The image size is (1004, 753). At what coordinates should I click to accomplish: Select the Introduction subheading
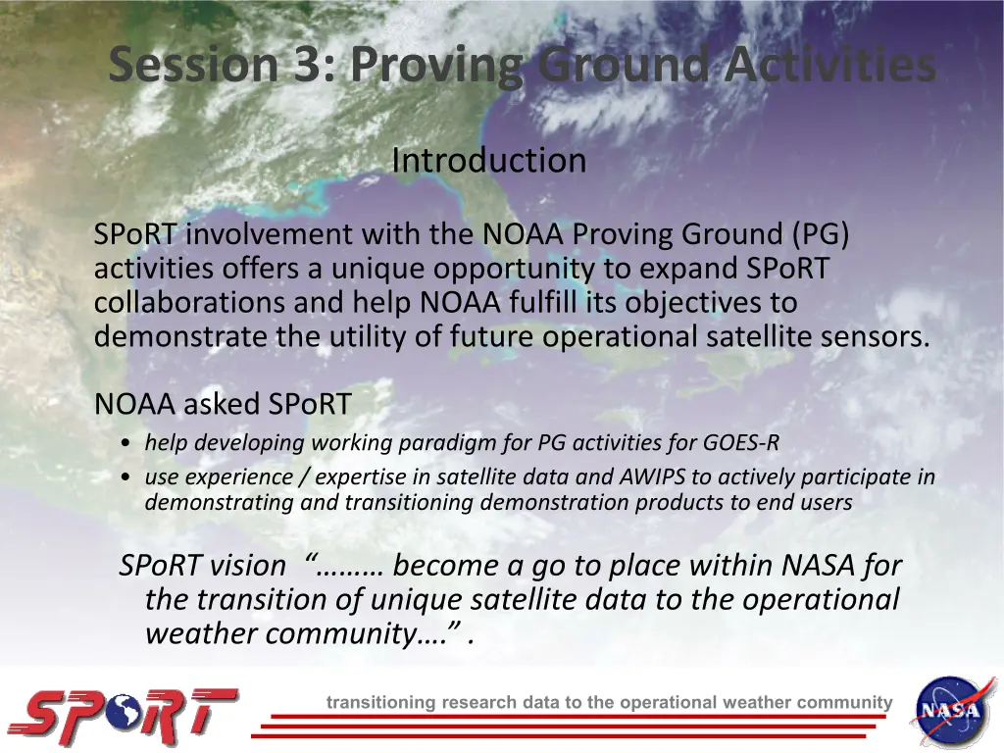[489, 160]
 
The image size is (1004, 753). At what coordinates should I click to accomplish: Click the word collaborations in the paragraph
[189, 302]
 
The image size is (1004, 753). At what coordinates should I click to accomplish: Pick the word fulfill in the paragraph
[543, 302]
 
